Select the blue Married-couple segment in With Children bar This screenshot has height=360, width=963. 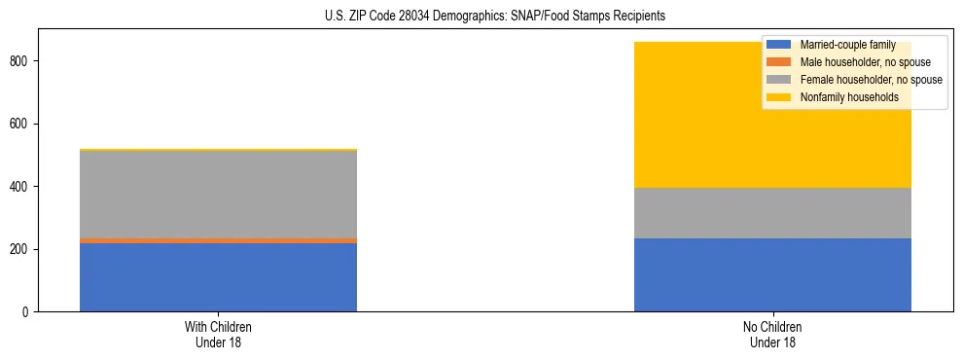coord(218,277)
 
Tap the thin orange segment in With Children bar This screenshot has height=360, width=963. coord(218,240)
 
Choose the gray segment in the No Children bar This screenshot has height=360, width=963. coord(772,213)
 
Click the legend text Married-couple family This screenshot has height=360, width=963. coord(847,45)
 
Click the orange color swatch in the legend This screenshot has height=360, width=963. coord(779,62)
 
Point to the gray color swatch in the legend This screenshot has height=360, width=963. coord(779,80)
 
